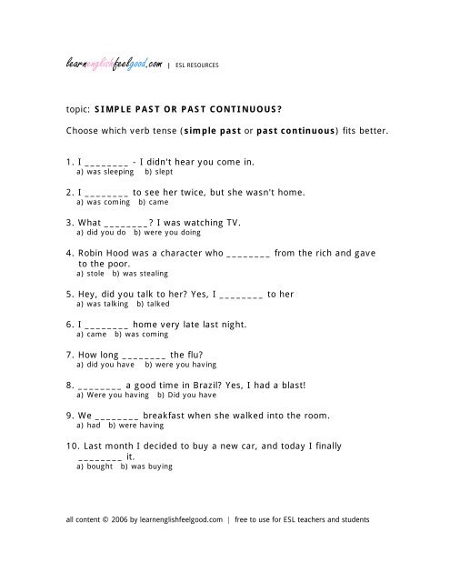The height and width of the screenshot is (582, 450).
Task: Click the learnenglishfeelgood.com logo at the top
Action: (114, 63)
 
